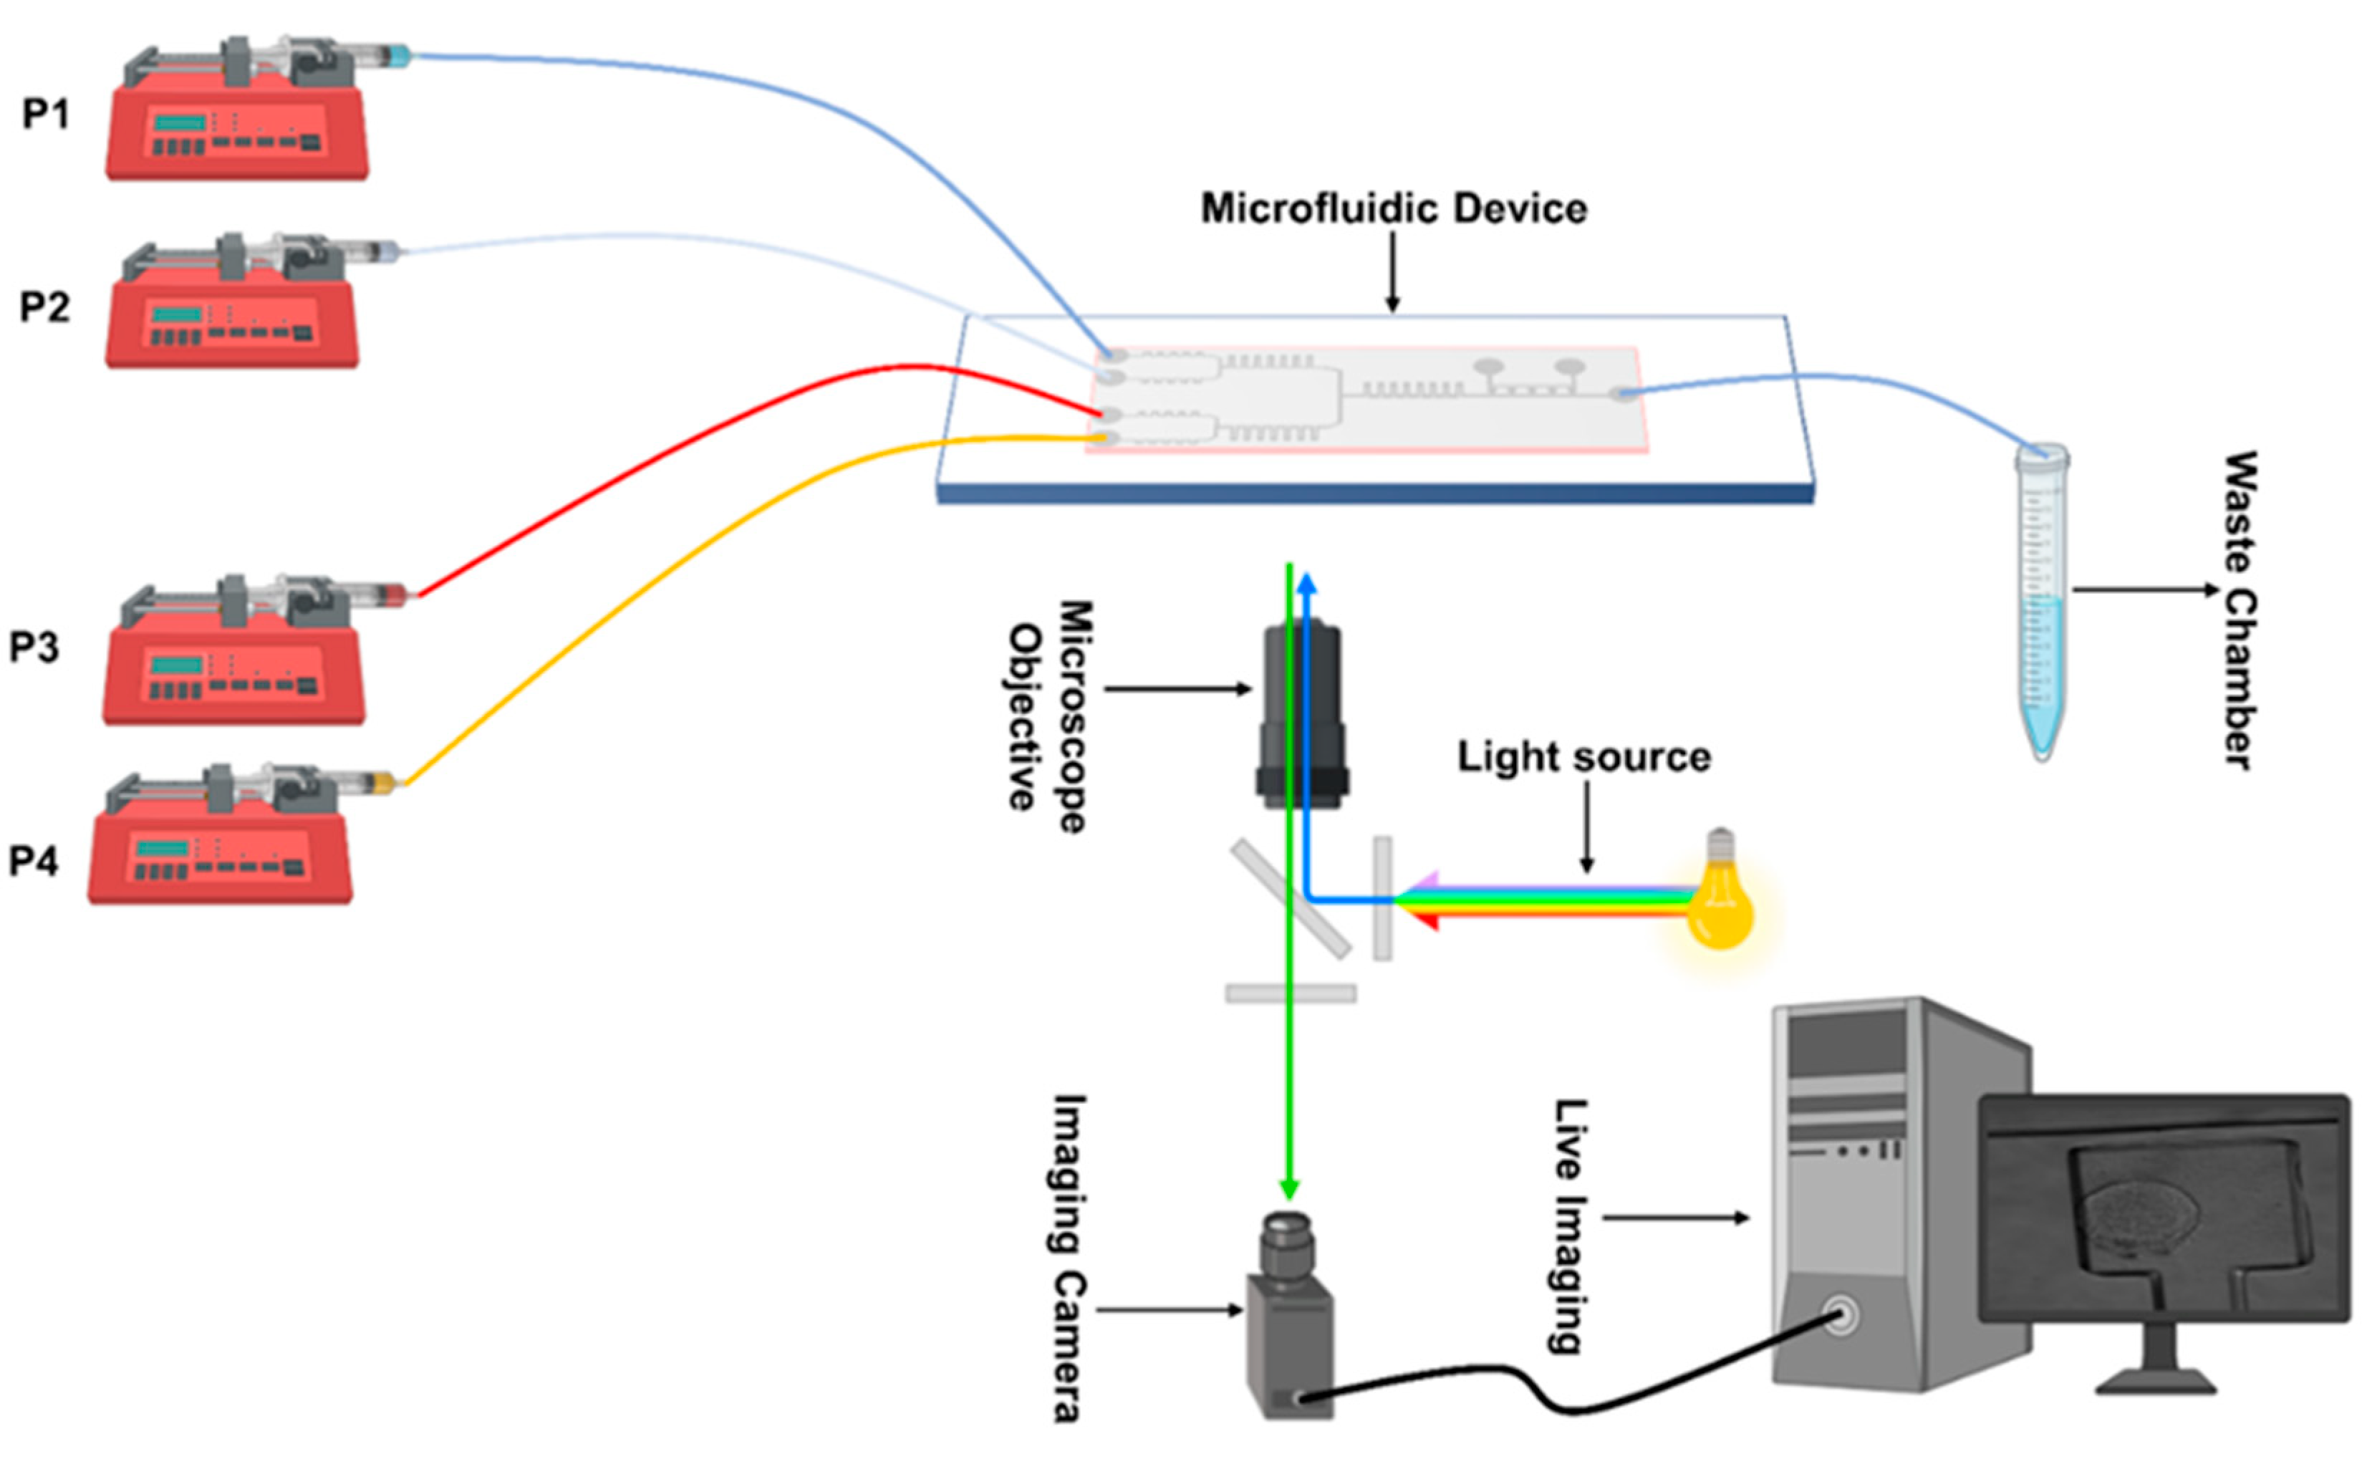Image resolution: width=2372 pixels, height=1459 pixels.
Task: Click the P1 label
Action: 45,114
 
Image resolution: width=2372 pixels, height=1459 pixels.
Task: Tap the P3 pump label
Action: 34,647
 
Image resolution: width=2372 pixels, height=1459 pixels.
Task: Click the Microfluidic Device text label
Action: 1393,208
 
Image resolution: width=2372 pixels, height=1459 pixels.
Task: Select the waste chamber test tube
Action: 2041,598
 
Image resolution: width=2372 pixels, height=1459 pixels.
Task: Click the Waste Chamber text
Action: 2240,610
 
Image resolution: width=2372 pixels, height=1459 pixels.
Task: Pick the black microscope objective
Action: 1301,714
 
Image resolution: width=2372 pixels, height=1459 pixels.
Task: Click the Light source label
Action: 1583,756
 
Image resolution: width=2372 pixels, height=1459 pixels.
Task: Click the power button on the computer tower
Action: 1841,1315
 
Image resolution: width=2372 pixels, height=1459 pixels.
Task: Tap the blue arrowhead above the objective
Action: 1306,582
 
